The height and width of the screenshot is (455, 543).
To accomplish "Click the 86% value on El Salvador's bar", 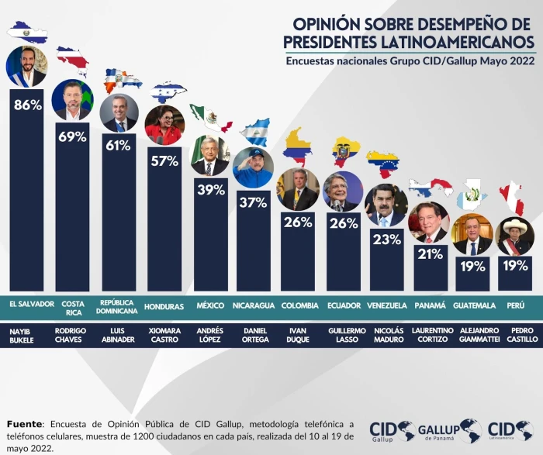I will pyautogui.click(x=27, y=105).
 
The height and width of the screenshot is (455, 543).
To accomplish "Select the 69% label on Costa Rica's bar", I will pyautogui.click(x=72, y=137).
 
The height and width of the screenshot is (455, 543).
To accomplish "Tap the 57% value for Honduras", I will pyautogui.click(x=164, y=162).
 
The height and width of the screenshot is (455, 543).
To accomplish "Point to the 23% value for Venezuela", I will pyautogui.click(x=386, y=240).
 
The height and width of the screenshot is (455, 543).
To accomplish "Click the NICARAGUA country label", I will pyautogui.click(x=254, y=305).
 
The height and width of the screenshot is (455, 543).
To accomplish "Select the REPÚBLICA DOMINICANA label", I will pyautogui.click(x=119, y=305).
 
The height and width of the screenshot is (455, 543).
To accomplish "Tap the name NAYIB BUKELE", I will pyautogui.click(x=26, y=336).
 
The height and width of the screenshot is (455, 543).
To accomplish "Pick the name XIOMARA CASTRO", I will pyautogui.click(x=164, y=336).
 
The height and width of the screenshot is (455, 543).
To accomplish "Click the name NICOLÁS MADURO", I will pyautogui.click(x=386, y=336).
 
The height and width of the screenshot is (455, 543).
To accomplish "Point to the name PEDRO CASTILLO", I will pyautogui.click(x=515, y=336).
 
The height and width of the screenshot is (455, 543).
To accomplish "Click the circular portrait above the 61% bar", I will pyautogui.click(x=119, y=113).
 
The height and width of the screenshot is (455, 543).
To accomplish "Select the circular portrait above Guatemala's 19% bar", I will pyautogui.click(x=472, y=234).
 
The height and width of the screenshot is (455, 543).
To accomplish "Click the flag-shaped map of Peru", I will pyautogui.click(x=511, y=197).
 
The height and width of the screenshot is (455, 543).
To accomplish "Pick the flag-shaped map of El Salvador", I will pyautogui.click(x=27, y=33).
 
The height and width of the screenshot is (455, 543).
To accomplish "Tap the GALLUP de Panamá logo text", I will pyautogui.click(x=440, y=431).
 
